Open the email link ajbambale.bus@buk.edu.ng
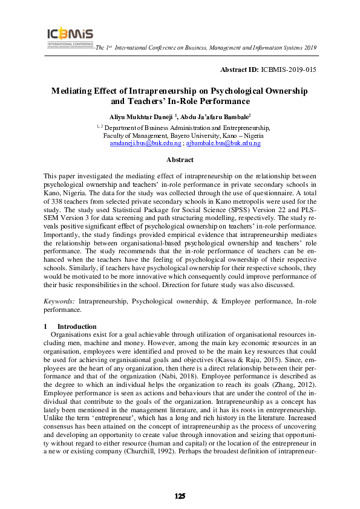[223, 143]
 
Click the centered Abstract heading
[180, 160]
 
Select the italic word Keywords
[59, 300]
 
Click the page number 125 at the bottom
[180, 496]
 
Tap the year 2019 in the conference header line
[310, 47]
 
